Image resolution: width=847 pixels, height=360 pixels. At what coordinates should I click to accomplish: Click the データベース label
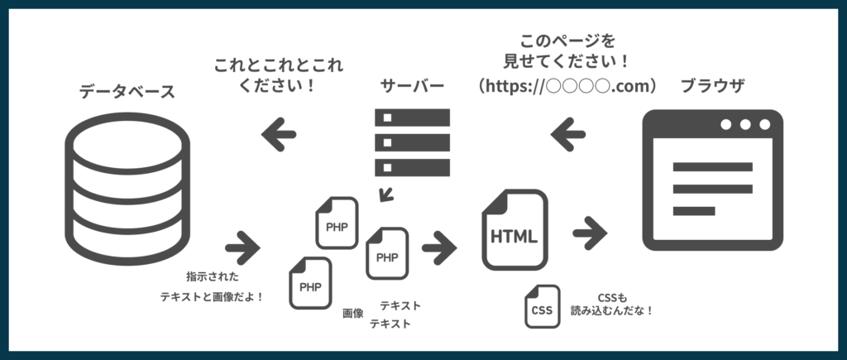click(x=127, y=91)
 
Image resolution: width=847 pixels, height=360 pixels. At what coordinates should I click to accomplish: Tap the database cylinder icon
click(x=127, y=187)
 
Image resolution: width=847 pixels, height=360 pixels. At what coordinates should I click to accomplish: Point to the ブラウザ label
click(x=712, y=86)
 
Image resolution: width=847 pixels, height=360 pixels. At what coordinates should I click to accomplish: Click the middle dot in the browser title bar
click(x=745, y=125)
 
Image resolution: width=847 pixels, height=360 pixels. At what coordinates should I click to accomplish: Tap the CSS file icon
click(x=542, y=307)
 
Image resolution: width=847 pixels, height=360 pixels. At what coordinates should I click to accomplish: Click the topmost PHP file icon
click(x=337, y=222)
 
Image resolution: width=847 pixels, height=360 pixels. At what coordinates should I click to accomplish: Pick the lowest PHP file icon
click(x=310, y=283)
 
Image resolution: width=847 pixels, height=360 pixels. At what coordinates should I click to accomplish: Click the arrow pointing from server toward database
click(x=279, y=133)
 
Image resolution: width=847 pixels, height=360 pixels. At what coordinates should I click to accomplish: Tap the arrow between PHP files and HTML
click(x=439, y=246)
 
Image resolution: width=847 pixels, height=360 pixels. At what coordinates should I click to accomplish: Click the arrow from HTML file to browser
click(x=590, y=233)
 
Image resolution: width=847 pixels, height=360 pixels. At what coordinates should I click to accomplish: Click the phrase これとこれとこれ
click(x=279, y=65)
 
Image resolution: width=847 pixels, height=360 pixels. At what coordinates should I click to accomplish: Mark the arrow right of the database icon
click(x=242, y=246)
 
